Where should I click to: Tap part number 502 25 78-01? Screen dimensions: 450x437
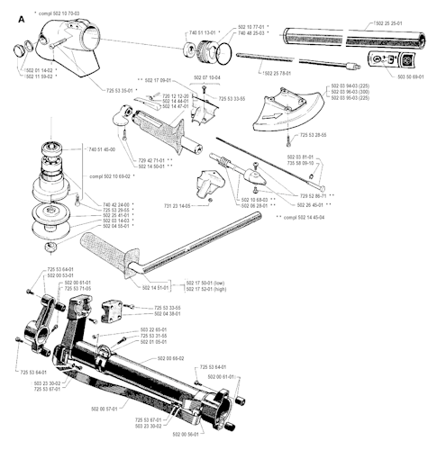[x=282, y=73]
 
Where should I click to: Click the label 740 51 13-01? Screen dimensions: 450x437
[x=204, y=31]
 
